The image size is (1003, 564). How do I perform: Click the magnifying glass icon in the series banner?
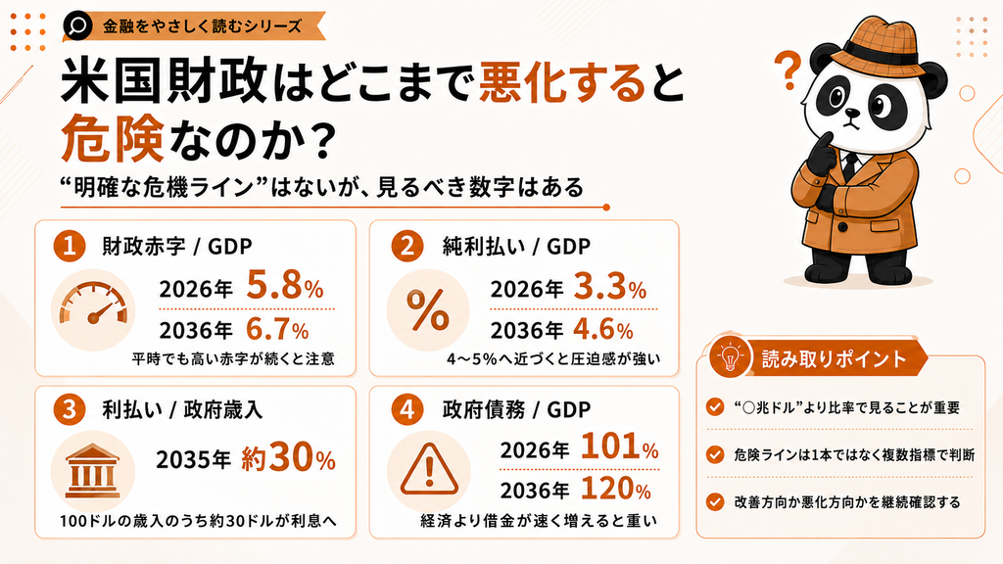coord(78,26)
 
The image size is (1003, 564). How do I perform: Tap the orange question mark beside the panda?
coord(788,70)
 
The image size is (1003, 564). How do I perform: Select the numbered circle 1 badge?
coord(70,246)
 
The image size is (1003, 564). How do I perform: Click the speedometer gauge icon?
coord(93,309)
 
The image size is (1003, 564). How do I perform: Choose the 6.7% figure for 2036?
coord(277,329)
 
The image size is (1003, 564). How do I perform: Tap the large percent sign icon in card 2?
coord(428,310)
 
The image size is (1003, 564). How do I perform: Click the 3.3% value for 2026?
coord(609,287)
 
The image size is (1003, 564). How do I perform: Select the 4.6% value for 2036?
coord(603,329)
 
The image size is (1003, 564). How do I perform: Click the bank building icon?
coord(93,471)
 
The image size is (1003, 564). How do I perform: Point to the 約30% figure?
coord(289,458)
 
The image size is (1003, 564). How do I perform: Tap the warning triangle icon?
coord(429,470)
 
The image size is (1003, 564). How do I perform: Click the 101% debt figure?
coord(620,446)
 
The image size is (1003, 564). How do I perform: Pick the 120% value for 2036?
coord(616,490)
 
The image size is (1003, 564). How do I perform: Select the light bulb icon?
coord(730,357)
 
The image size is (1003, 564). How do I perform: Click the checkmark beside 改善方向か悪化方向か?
coord(715,502)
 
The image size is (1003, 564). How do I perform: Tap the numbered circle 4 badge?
coord(407,409)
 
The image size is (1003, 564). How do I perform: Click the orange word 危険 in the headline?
coord(114,137)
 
